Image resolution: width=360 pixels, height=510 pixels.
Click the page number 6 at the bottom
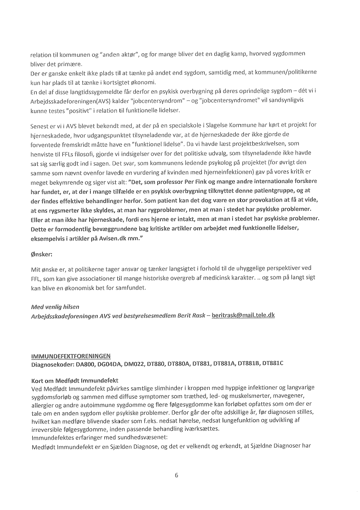[176, 476]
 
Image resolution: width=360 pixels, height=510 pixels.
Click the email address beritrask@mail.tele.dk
[243, 314]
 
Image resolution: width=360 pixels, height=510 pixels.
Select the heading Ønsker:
[41, 253]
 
